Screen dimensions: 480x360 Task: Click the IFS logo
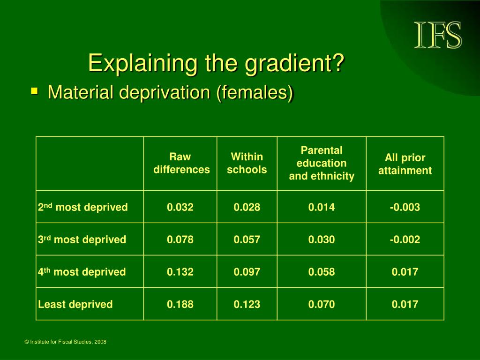pos(438,35)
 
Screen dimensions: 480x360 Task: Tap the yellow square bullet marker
pos(34,91)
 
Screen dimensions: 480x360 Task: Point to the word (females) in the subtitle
pos(255,92)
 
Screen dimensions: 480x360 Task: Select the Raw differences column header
pos(181,163)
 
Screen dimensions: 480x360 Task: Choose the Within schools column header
pos(247,163)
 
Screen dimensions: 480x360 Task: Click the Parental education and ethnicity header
pos(322,163)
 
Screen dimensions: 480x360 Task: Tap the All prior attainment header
pos(405,164)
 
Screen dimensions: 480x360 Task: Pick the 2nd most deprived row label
pos(82,207)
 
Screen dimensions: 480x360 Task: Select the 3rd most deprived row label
pos(82,239)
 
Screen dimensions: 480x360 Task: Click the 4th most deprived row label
pos(82,271)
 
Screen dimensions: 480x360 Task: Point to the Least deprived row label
pos(75,304)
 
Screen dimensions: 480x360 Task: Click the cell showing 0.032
pos(180,207)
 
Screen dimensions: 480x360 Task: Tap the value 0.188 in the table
pos(180,304)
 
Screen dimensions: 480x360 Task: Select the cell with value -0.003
pos(405,207)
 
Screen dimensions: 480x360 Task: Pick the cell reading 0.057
pos(247,240)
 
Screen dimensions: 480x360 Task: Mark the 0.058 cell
pos(322,272)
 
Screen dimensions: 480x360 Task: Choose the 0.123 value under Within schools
pos(247,304)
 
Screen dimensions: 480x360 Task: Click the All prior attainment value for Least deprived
pos(405,304)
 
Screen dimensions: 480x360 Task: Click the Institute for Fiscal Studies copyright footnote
pos(66,342)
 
